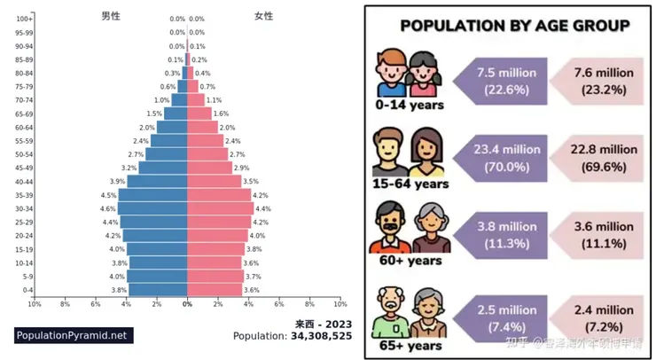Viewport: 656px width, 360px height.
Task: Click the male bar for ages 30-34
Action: click(x=152, y=208)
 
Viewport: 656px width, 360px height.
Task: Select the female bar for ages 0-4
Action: click(x=215, y=290)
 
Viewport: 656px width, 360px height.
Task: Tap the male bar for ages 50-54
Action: click(x=167, y=154)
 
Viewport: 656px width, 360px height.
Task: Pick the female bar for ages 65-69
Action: click(x=199, y=113)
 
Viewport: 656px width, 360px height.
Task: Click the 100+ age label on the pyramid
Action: click(x=25, y=19)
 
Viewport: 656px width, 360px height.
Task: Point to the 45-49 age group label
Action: click(x=25, y=168)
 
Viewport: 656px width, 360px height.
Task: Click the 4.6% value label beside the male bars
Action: click(x=108, y=208)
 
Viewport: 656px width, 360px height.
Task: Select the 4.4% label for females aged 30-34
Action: click(x=262, y=208)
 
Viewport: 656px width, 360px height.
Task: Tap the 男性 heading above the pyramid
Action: click(x=111, y=16)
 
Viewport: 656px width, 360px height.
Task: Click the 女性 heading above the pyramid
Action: click(x=263, y=16)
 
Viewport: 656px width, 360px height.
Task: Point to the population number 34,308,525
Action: click(x=320, y=336)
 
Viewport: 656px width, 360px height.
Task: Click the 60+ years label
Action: click(x=410, y=261)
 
